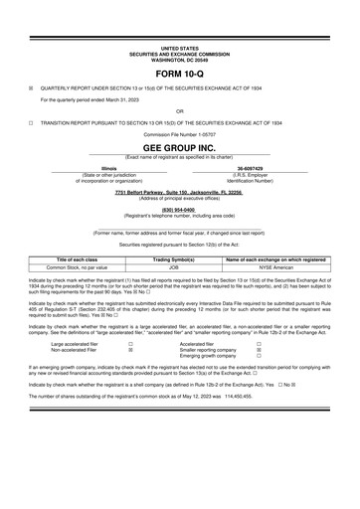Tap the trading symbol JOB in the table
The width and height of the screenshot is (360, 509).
coord(179,267)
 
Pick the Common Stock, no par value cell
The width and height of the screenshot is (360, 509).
coord(82,267)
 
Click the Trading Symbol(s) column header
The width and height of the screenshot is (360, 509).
coord(179,259)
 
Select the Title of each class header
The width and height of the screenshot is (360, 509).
coord(82,259)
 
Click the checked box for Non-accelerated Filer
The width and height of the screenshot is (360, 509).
coord(130,350)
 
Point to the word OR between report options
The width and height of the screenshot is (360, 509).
coord(179,110)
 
